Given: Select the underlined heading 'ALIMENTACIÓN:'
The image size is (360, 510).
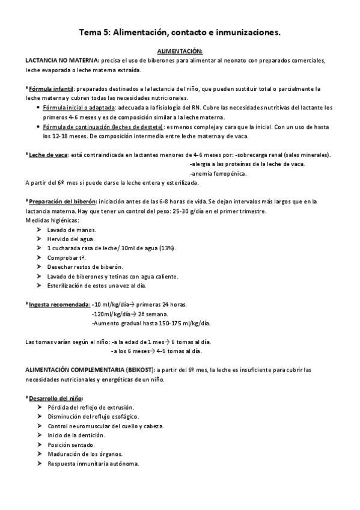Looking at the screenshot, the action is (179, 52).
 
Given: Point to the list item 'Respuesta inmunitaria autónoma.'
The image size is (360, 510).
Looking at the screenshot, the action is (93, 464).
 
